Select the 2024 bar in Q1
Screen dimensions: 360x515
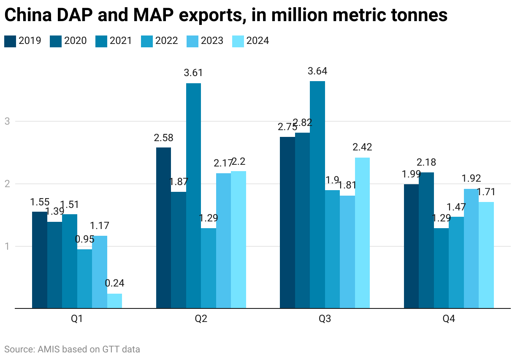coord(114,301)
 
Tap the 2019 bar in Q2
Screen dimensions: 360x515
coord(163,228)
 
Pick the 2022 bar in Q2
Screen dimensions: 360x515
coord(209,268)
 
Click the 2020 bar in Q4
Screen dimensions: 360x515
coord(426,240)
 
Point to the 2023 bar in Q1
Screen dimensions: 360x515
coord(100,272)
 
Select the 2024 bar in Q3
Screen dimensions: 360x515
coord(362,233)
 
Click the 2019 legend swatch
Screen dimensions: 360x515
coord(10,41)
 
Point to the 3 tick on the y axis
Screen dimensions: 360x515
coord(7,122)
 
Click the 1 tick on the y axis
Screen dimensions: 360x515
coord(7,247)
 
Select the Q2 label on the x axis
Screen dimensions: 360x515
coord(201,320)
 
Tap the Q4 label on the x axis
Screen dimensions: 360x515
coord(449,320)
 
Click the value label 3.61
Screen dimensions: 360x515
coord(193,73)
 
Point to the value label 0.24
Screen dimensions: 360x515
coord(115,283)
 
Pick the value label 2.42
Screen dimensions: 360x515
coord(363,147)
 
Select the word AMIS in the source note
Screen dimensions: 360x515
coord(50,349)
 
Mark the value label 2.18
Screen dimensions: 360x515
coord(426,162)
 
